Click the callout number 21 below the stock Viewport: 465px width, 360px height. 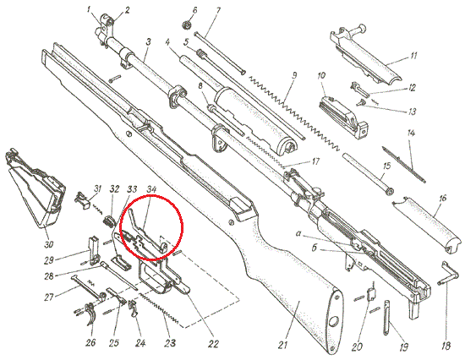pyautogui.click(x=283, y=345)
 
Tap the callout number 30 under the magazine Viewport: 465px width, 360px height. pyautogui.click(x=49, y=244)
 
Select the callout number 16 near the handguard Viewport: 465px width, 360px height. pyautogui.click(x=442, y=198)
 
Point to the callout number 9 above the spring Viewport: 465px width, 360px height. pyautogui.click(x=294, y=75)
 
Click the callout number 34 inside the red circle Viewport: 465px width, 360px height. pyautogui.click(x=151, y=189)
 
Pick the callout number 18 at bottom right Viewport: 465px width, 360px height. pyautogui.click(x=446, y=346)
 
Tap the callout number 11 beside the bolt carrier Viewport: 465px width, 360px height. pyautogui.click(x=413, y=56)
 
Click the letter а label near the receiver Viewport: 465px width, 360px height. pyautogui.click(x=299, y=234)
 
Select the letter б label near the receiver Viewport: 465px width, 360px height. pyautogui.click(x=315, y=248)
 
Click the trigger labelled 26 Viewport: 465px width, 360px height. pyautogui.click(x=90, y=314)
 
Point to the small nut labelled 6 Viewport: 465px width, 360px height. pyautogui.click(x=186, y=25)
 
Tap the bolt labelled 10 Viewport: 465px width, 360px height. pyautogui.click(x=344, y=116)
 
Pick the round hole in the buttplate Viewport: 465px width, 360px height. pyautogui.click(x=334, y=320)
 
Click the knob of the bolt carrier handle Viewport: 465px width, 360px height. pyautogui.click(x=362, y=29)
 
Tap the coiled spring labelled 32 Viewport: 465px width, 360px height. pyautogui.click(x=108, y=221)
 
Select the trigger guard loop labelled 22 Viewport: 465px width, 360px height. pyautogui.click(x=154, y=278)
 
